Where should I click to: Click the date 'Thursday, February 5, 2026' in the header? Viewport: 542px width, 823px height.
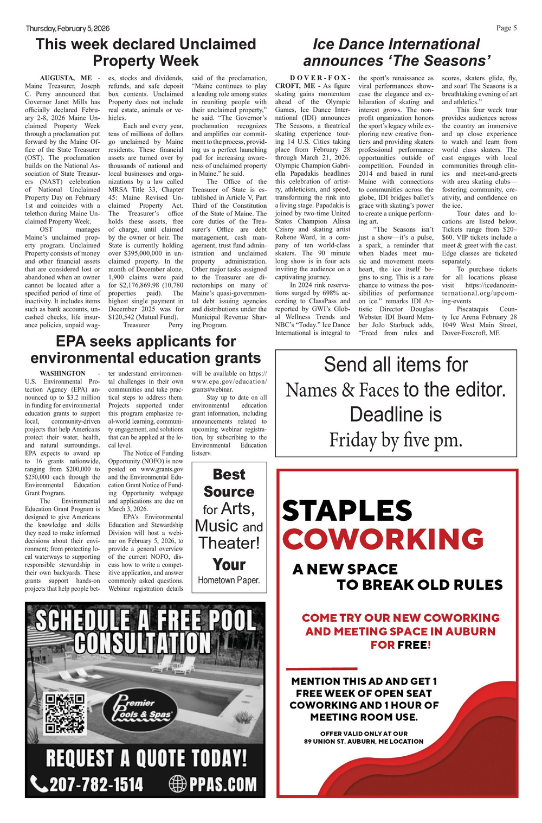[x=67, y=28]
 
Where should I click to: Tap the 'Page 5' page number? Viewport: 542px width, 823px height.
[x=506, y=28]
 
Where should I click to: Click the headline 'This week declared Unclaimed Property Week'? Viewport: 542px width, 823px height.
[x=145, y=52]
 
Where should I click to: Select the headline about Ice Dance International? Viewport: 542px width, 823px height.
[x=396, y=52]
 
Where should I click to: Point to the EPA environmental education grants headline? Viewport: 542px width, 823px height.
[x=145, y=349]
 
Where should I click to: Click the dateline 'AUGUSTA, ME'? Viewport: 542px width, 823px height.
[x=66, y=78]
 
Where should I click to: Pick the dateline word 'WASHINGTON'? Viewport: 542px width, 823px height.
[x=62, y=373]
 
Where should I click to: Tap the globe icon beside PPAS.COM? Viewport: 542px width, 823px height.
[x=178, y=784]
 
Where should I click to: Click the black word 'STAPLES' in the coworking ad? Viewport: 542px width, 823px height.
[x=347, y=511]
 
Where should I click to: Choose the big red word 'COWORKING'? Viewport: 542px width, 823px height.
[x=383, y=539]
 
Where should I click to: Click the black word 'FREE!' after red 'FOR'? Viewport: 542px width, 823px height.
[x=414, y=645]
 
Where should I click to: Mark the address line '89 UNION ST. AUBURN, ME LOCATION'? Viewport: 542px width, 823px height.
[x=364, y=741]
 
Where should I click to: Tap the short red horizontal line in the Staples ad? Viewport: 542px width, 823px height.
[x=321, y=668]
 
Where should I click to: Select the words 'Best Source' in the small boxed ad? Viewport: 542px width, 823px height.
[x=229, y=483]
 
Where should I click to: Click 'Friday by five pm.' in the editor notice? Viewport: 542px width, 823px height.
[x=396, y=440]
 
